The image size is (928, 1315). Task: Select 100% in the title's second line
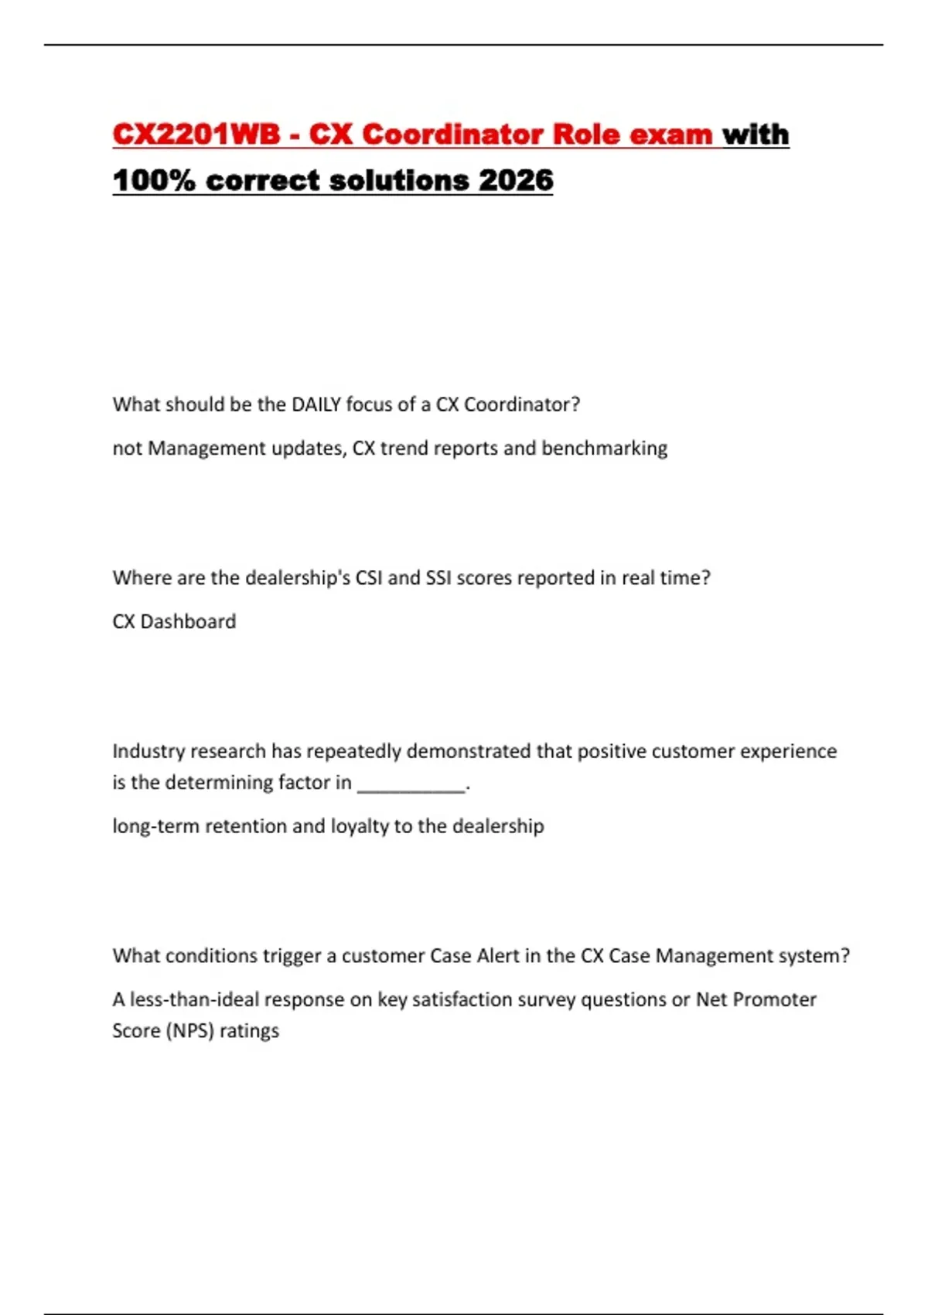tap(154, 180)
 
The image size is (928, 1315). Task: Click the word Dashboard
tap(188, 622)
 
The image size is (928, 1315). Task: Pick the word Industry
tap(148, 751)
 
